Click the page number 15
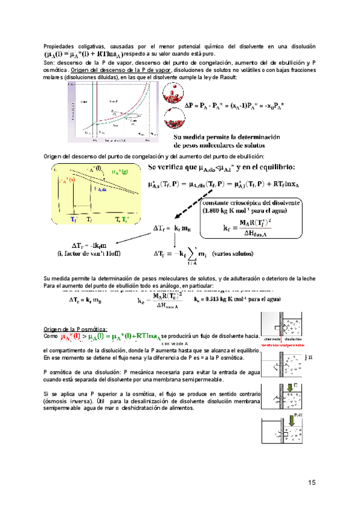312,483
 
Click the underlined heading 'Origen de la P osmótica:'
76,328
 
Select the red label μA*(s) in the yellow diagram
65,180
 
